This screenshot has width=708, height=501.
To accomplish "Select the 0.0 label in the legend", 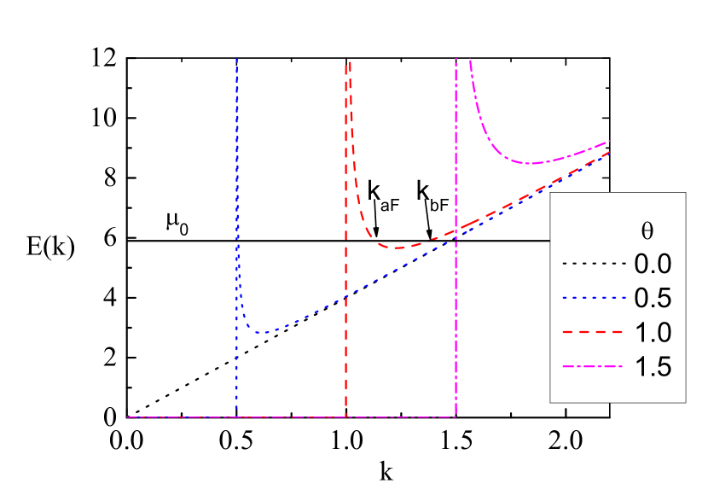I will click(x=653, y=264).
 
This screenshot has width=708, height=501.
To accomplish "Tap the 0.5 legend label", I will click(x=653, y=298).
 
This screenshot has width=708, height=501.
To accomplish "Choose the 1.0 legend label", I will click(x=653, y=332).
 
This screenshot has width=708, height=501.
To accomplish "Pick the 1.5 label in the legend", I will click(x=653, y=366).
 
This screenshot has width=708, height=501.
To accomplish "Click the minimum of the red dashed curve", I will click(x=398, y=248).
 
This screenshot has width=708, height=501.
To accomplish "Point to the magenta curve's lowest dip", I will click(x=530, y=163).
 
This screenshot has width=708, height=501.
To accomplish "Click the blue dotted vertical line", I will click(x=236, y=213).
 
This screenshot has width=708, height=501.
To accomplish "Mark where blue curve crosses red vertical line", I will click(x=345, y=296).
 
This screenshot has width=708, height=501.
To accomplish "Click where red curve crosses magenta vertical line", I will click(x=456, y=230).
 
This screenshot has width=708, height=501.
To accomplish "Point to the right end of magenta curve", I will click(x=610, y=140).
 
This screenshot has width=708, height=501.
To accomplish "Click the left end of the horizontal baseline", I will click(x=127, y=417).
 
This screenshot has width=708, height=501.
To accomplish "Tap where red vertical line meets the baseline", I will click(x=345, y=417).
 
